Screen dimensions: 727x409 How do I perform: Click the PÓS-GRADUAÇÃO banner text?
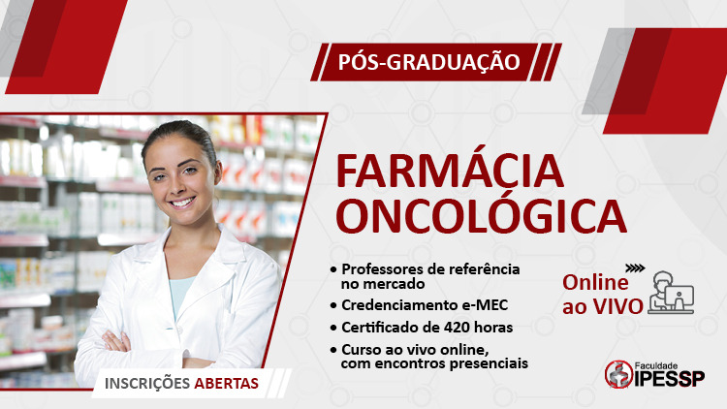pyautogui.click(x=428, y=62)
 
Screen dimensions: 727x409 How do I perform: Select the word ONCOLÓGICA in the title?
pyautogui.click(x=481, y=215)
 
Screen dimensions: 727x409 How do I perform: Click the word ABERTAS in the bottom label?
pyautogui.click(x=226, y=383)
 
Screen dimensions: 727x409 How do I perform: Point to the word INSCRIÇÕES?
pyautogui.click(x=147, y=384)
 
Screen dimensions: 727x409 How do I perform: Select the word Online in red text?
pyautogui.click(x=595, y=282)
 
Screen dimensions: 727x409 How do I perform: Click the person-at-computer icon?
pyautogui.click(x=671, y=292)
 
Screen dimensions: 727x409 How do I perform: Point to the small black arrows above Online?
pyautogui.click(x=635, y=268)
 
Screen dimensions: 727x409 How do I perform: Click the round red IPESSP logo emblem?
pyautogui.click(x=619, y=374)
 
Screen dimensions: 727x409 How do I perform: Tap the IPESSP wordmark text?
pyautogui.click(x=669, y=378)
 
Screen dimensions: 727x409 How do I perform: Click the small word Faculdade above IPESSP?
pyautogui.click(x=656, y=366)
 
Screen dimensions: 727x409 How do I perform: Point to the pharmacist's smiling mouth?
pyautogui.click(x=182, y=203)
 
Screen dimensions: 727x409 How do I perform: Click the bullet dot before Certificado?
pyautogui.click(x=333, y=328)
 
